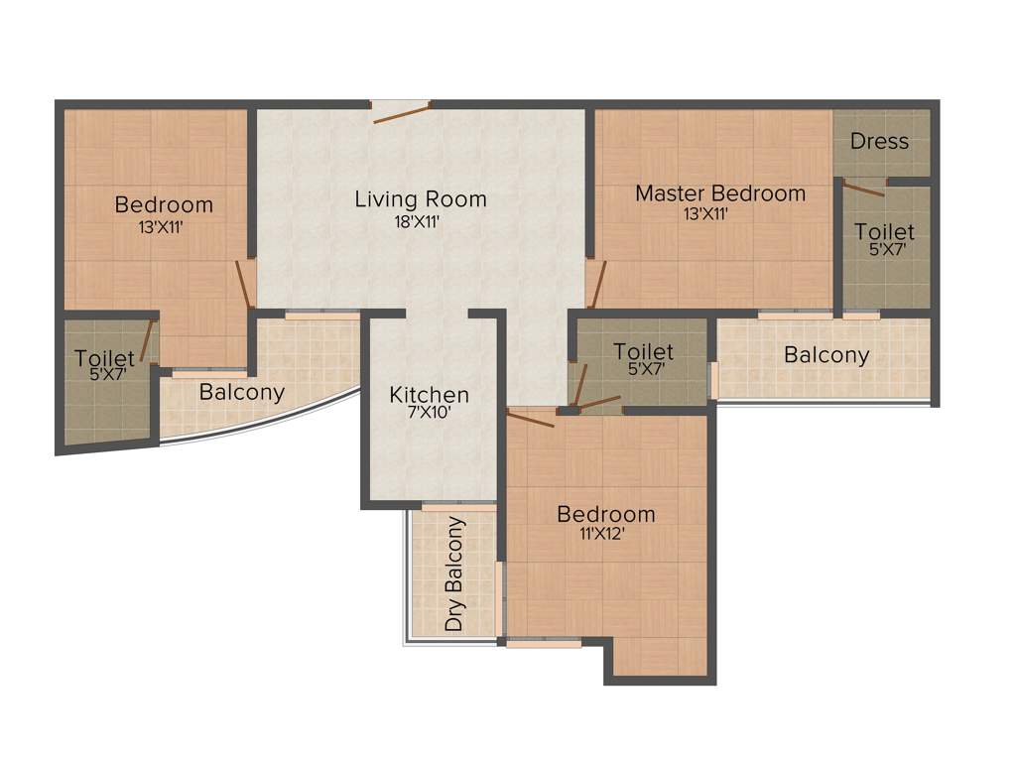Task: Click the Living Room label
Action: point(421,199)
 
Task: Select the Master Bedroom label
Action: point(720,193)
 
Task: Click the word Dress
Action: point(879,141)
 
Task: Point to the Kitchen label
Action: point(429,395)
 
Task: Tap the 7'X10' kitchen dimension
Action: point(429,415)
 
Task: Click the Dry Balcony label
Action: point(454,574)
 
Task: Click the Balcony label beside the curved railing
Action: point(242,392)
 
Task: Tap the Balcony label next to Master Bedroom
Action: point(825,354)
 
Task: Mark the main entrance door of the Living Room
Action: point(402,111)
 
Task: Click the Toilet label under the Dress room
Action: point(884,232)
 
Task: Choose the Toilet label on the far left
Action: point(104,358)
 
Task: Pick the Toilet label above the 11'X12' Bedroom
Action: point(643,351)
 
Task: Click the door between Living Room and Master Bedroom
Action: point(596,284)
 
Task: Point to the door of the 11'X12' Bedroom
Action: point(531,416)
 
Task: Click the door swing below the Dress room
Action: point(862,189)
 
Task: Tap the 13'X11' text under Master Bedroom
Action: point(705,213)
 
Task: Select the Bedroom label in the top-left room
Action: point(164,205)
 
